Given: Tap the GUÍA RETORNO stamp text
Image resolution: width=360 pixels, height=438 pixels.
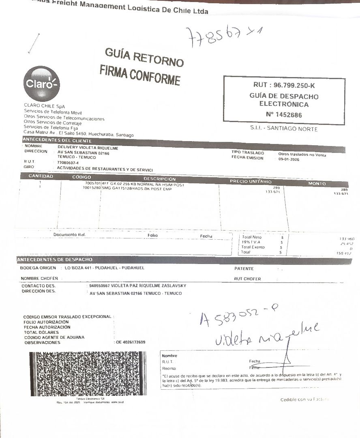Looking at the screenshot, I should pos(144,57).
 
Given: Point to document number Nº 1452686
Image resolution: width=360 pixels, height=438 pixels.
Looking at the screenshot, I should pos(284,115).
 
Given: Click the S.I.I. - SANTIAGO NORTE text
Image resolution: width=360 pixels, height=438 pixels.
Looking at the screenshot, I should pos(284,129).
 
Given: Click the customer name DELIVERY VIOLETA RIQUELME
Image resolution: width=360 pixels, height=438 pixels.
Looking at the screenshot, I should pos(88,148).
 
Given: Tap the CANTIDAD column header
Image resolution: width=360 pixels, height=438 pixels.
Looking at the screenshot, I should pos(41,176).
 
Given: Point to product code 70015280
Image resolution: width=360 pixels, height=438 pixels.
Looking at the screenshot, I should pos(92,188).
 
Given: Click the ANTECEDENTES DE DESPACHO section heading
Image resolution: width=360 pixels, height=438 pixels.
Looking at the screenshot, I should pos(55,260).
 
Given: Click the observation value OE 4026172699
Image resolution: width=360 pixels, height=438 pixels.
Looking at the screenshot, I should pos(131,342).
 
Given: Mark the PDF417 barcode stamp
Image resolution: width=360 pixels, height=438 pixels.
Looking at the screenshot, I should pos(88,374).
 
